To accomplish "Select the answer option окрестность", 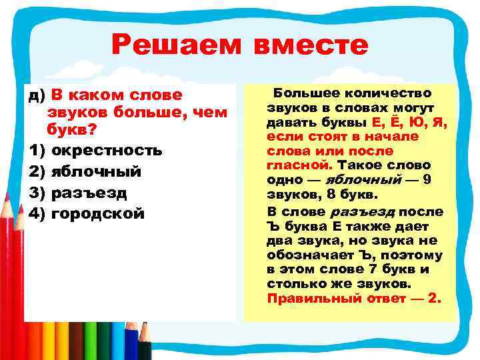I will pos(107,149).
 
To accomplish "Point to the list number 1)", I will pos(37,149).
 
